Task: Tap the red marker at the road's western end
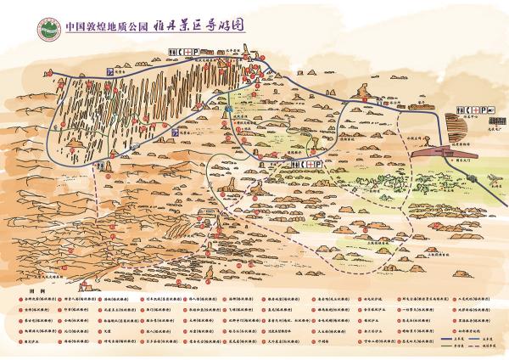click(60, 82)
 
